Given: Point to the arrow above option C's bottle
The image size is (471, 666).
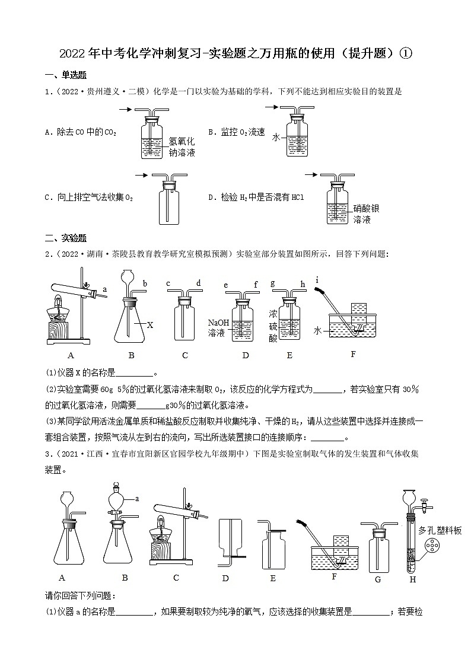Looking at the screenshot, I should tap(141, 175).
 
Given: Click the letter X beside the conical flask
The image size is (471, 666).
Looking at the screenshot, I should tap(150, 324).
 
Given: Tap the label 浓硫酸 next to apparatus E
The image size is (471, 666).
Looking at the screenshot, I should tap(273, 325).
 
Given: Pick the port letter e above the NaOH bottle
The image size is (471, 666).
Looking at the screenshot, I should tap(226, 285).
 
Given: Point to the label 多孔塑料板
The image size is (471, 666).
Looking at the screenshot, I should tap(440, 531).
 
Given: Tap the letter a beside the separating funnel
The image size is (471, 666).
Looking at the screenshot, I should tap(136, 499).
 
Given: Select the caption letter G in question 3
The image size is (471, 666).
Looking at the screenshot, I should tap(377, 580).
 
